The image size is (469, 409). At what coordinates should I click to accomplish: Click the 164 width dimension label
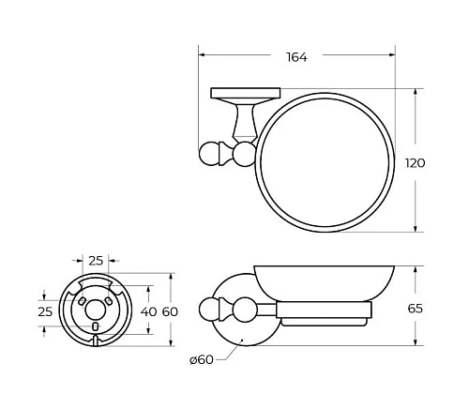pos(295,58)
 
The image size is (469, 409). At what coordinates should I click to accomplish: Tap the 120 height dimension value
pos(414,162)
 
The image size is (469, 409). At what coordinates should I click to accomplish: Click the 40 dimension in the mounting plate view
pos(148,311)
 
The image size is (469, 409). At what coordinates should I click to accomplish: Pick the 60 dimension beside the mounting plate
pos(169,311)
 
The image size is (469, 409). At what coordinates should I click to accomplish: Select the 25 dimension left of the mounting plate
pos(43,311)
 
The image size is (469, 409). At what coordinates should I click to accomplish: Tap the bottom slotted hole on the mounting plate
pos(97,327)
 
